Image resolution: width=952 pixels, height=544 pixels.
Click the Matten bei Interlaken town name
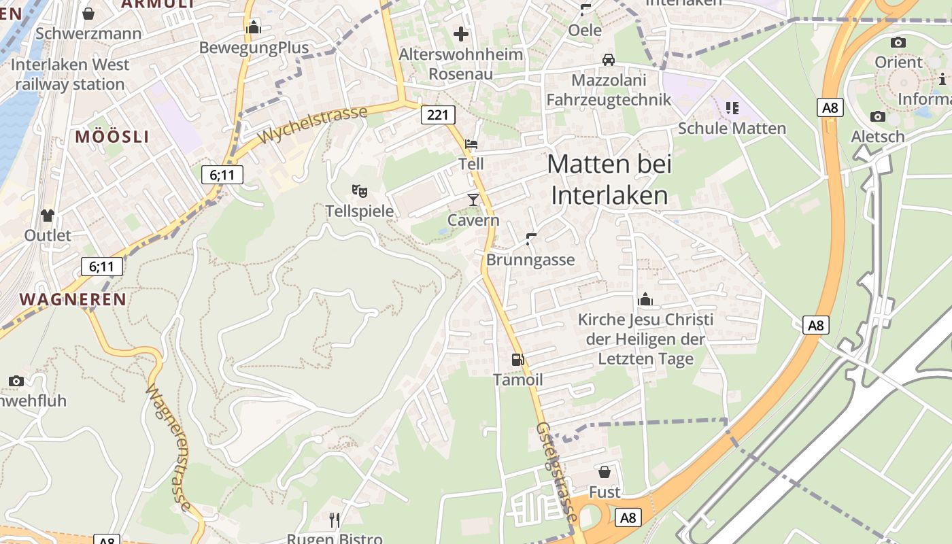pos(609,180)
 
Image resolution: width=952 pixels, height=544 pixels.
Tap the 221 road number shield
pos(437,115)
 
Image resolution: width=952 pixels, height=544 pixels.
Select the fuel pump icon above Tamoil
pos(517,359)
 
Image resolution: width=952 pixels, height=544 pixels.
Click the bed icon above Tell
pos(471,144)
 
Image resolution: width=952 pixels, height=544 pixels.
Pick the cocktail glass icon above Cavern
pos(473,199)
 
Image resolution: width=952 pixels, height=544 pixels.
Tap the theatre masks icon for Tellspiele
pos(359,191)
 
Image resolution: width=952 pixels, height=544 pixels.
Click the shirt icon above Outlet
pos(47,216)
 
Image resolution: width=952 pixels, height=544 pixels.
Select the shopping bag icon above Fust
pos(604,471)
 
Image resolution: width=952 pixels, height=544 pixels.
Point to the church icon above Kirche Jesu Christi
pos(645,299)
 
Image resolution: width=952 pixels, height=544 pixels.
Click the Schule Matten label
pos(732,128)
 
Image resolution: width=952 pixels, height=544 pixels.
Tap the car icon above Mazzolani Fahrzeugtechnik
pos(609,60)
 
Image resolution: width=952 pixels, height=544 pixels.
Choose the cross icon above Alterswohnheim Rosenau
pos(461,33)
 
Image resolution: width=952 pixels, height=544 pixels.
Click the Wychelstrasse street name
pos(313,124)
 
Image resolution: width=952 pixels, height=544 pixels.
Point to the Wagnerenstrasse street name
pos(169,448)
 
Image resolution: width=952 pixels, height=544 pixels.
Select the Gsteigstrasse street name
pos(557,472)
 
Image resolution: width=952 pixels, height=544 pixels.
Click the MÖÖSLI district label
pos(112,136)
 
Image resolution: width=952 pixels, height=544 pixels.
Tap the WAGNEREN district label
pos(73,299)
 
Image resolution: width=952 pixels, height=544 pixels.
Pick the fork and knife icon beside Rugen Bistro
pos(334,520)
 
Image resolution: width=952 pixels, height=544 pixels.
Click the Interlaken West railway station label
pos(70,74)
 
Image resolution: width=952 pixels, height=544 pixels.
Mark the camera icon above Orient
pos(898,42)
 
